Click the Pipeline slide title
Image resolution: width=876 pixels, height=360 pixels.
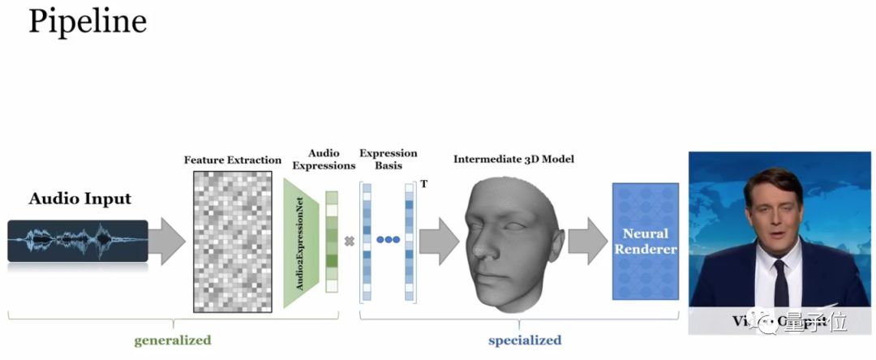tap(88, 22)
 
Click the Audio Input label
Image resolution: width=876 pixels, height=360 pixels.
tap(79, 199)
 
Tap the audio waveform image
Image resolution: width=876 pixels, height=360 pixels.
tap(78, 241)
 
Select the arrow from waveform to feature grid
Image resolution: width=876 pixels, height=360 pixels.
tap(167, 242)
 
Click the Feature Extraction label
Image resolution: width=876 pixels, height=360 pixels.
tap(233, 160)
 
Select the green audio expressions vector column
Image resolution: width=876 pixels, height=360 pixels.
tap(331, 242)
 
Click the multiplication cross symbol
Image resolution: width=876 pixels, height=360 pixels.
tap(350, 241)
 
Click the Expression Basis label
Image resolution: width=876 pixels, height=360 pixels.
tap(389, 159)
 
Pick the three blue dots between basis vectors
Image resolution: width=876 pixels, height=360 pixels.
tap(388, 241)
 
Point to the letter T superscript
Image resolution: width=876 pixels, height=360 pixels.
tap(423, 184)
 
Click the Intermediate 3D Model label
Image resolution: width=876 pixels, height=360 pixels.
tap(513, 159)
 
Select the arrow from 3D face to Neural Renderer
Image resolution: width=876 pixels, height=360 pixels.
tap(587, 242)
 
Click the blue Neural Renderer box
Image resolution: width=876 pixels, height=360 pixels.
tap(645, 242)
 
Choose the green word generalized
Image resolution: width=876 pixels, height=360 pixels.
tap(173, 340)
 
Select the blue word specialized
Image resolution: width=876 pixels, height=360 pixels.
tap(524, 340)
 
